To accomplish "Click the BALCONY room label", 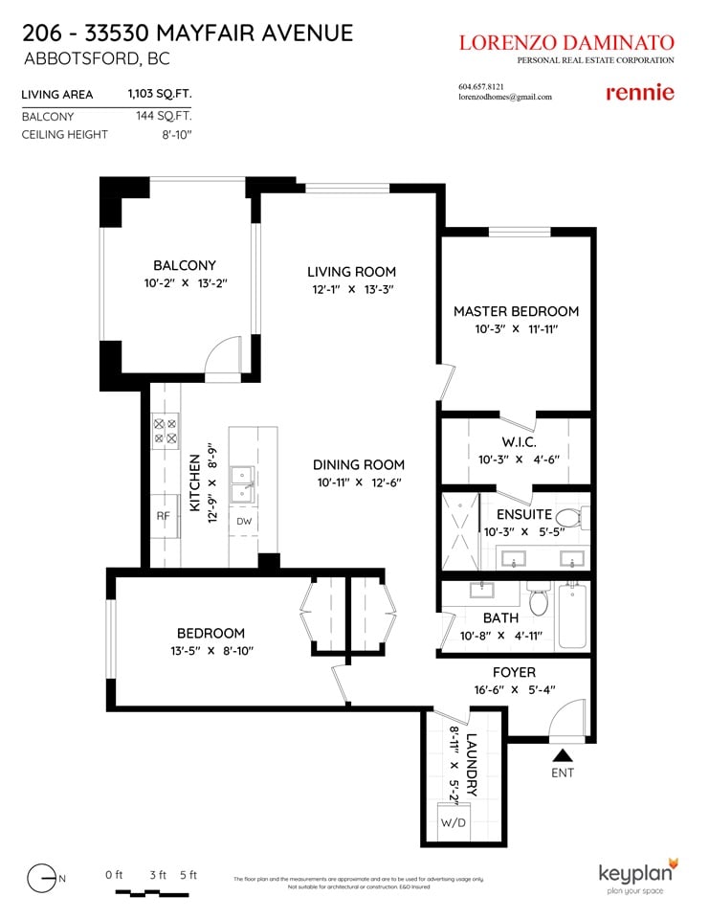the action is [185, 265].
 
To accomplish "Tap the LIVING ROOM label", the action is [351, 272].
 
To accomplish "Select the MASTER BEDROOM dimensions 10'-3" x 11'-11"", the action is [517, 329].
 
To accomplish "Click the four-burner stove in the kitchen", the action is [166, 431].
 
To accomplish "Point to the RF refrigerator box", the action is [164, 516].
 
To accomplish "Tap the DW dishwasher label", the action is [244, 521].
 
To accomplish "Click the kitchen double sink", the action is [242, 484].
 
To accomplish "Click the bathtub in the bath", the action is [572, 616].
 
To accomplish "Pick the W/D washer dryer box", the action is [454, 821].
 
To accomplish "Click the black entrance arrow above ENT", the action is [563, 755].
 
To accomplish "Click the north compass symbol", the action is [42, 879].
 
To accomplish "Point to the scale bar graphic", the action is [152, 893].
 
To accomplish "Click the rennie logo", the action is [640, 93].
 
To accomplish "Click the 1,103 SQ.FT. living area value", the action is [160, 94].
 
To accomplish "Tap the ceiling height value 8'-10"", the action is [177, 135].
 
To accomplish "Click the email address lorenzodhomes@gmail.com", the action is [505, 98].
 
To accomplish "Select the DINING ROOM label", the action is [359, 465].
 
